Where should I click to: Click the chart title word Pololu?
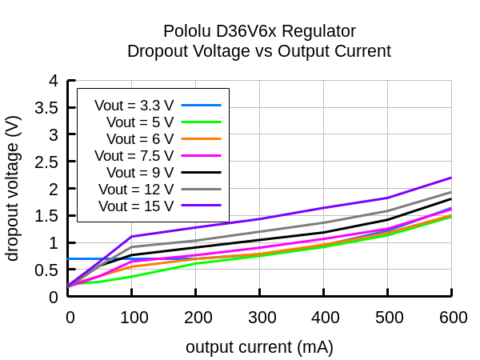[187, 32]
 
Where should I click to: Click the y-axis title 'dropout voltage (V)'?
[13, 189]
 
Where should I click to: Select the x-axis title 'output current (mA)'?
[259, 347]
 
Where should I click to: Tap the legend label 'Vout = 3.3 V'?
[134, 105]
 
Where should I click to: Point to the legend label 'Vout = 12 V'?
[136, 189]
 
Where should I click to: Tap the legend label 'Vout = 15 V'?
[136, 206]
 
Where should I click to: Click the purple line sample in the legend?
[201, 206]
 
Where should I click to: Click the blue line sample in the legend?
[201, 105]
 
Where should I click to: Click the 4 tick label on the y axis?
[53, 81]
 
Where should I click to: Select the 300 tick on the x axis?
[259, 318]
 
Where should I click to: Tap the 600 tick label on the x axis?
[453, 318]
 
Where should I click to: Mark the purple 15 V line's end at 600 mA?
[451, 178]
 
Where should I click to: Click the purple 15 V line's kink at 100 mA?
[132, 236]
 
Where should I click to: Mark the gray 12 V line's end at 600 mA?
[451, 192]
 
